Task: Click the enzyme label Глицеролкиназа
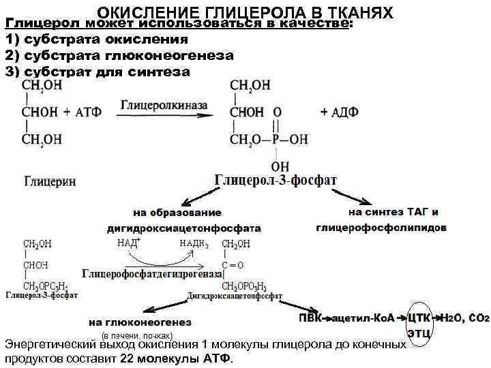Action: [x=164, y=106]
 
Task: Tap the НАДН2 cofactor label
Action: [x=193, y=243]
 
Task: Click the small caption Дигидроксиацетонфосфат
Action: [x=235, y=296]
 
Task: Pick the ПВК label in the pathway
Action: [x=310, y=318]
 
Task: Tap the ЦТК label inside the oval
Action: [x=419, y=318]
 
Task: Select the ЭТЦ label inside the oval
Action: [x=419, y=333]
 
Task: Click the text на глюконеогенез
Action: [x=140, y=322]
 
